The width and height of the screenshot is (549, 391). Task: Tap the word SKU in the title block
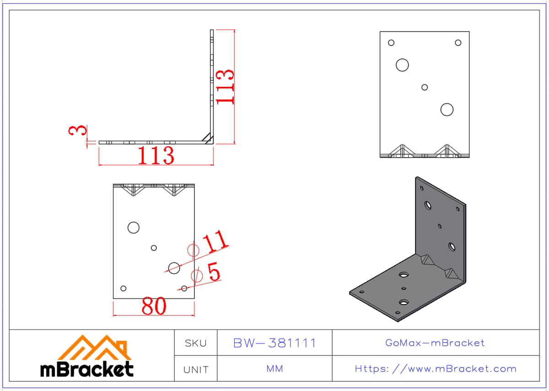point(196,344)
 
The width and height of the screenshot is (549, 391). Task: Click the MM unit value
point(275,369)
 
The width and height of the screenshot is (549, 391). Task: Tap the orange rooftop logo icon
point(95,348)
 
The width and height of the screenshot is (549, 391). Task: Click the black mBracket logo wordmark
point(87,369)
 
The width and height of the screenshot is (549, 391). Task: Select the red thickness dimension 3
point(78,130)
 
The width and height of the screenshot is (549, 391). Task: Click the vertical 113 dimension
point(225,87)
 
